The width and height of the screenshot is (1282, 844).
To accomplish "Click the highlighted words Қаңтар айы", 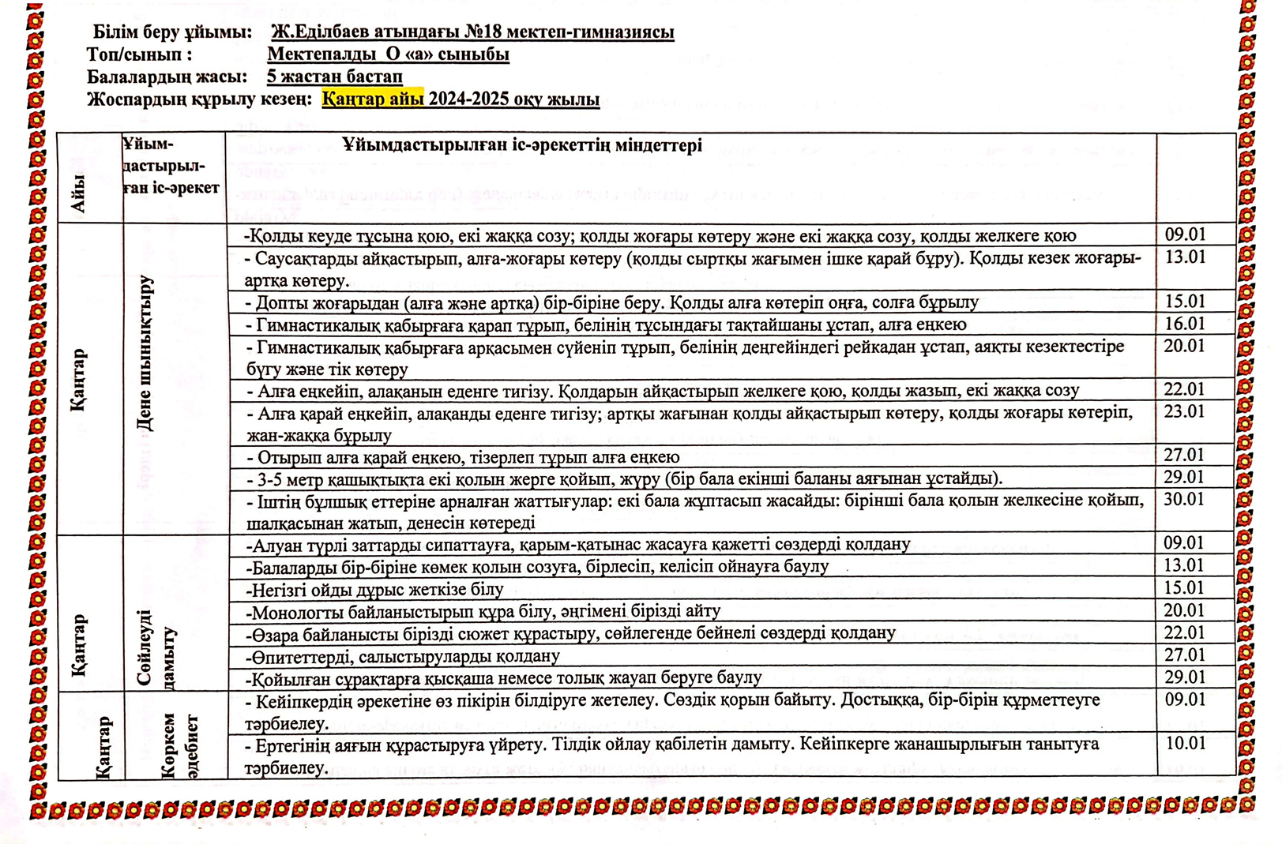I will [373, 99].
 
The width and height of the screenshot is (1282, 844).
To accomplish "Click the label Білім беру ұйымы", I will [172, 32].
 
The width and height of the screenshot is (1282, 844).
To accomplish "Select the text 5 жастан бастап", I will [335, 77].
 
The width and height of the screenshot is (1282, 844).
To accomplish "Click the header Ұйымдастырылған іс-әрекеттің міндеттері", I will [522, 145].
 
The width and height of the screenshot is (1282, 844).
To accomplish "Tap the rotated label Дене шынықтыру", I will [145, 352].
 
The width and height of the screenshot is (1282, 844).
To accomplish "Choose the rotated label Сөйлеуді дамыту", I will [156, 647].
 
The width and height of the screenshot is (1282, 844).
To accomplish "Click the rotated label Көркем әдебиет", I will [179, 746].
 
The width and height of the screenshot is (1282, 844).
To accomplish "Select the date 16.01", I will [1185, 324].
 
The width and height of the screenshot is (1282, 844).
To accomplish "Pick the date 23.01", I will [1185, 411].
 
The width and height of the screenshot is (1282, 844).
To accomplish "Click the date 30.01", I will [1185, 499].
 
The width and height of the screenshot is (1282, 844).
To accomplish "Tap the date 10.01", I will [1186, 743].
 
